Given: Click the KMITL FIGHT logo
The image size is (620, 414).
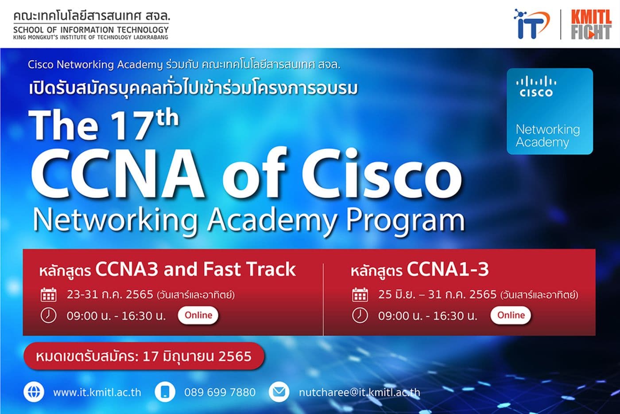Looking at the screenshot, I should pos(590,24).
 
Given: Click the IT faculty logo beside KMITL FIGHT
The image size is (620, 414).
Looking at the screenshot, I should pos(531,24).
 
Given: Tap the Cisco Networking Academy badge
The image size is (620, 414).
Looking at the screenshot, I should pos(550,111).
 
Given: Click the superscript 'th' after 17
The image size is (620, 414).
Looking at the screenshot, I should pos(167,118).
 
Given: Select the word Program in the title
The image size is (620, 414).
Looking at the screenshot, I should pos(405,220).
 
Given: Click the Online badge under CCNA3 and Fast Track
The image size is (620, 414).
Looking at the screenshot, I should pos(198,315).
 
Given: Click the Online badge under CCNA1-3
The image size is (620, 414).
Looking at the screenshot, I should pos(511,315).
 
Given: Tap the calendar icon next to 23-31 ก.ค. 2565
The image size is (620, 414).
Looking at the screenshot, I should pos(48,294).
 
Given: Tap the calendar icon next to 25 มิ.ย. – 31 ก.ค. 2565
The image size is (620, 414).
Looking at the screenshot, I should pos(360,294).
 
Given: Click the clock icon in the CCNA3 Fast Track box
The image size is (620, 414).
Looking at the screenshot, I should pos(48,315).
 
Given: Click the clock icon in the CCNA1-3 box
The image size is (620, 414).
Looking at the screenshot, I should pos(360,315).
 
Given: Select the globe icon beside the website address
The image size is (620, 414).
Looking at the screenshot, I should pos(34,392).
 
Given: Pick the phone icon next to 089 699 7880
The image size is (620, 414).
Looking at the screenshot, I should pos(165,392).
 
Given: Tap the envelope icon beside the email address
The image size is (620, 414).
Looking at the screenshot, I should pos(279,392).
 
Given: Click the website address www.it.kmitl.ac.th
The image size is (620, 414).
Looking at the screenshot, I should pos(97,392).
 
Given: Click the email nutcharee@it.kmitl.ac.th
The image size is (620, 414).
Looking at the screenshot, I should pos(359,392).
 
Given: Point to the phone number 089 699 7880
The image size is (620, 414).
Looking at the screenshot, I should pos(220,392).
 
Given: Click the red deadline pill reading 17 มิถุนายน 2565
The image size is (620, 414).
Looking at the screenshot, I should pos(144,356).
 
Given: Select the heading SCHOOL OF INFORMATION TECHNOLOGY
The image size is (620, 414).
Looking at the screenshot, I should pos(91,30).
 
